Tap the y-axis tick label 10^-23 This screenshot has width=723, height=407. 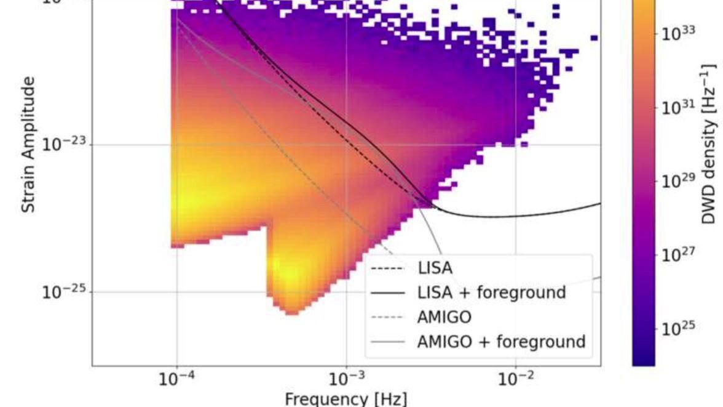pyautogui.click(x=63, y=145)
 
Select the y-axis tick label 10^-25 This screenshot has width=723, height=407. pyautogui.click(x=63, y=292)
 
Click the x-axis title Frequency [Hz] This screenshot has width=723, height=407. pyautogui.click(x=346, y=398)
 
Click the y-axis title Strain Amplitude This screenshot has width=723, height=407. pyautogui.click(x=28, y=145)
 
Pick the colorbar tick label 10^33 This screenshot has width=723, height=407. pyautogui.click(x=678, y=34)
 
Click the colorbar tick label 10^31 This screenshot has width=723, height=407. pyautogui.click(x=678, y=108)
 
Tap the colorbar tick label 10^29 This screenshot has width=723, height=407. pyautogui.click(x=678, y=182)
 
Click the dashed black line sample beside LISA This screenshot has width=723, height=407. pyautogui.click(x=389, y=268)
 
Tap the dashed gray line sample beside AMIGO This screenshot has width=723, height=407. pyautogui.click(x=389, y=316)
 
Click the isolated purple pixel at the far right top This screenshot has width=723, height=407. pyautogui.click(x=594, y=38)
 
